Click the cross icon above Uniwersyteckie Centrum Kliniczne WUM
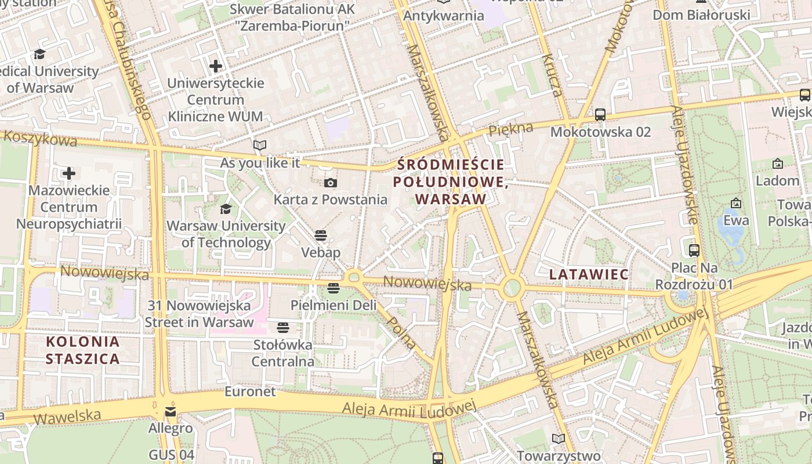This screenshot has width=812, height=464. (x=216, y=66)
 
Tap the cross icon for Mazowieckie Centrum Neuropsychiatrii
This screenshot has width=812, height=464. (x=69, y=173)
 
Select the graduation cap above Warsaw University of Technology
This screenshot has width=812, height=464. (x=226, y=209)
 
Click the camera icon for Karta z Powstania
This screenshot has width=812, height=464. (x=331, y=183)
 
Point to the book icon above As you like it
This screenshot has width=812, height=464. (x=260, y=145)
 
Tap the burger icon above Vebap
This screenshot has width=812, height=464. (x=321, y=235)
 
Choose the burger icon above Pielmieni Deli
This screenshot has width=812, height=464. (x=333, y=288)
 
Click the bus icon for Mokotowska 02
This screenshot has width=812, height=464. (x=600, y=115)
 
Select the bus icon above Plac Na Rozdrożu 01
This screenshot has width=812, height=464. (x=694, y=251)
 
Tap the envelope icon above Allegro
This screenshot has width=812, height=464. (x=171, y=412)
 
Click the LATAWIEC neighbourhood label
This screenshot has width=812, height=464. (x=589, y=274)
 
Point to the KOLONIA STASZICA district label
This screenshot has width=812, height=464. (x=83, y=350)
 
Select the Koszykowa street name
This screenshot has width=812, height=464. (x=41, y=139)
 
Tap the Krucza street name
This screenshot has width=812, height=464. (x=553, y=75)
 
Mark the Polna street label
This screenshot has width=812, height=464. (x=401, y=332)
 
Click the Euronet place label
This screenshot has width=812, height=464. (x=251, y=391)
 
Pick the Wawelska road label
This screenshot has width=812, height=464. (x=67, y=416)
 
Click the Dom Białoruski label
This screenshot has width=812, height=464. (x=701, y=14)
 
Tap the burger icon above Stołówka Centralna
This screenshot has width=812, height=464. (x=282, y=328)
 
